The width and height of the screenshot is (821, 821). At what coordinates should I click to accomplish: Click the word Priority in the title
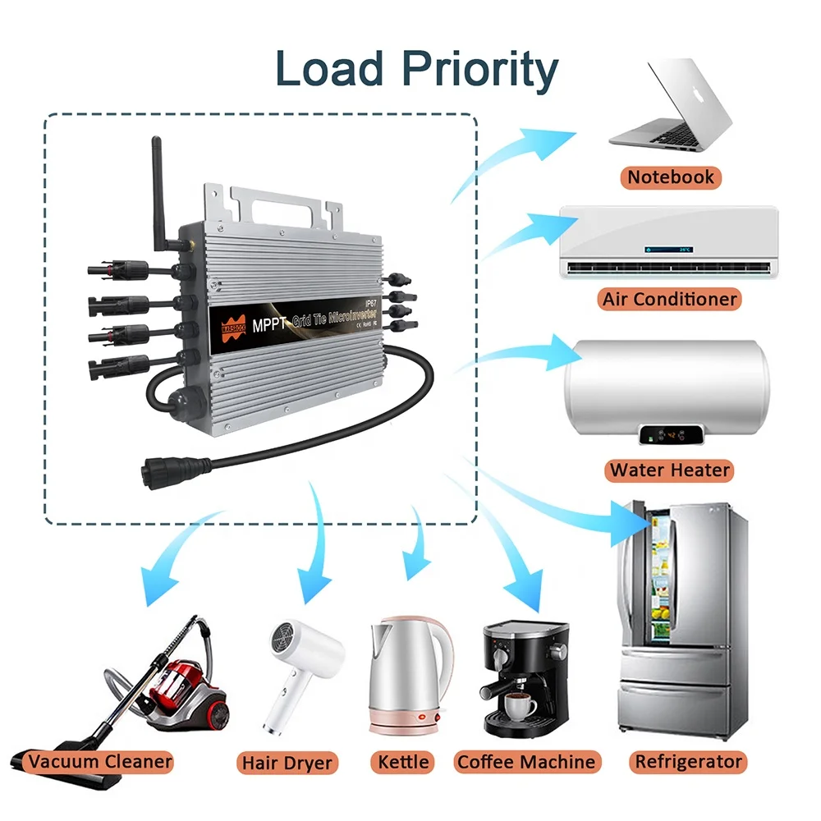475,71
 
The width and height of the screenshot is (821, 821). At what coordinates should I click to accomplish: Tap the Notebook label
671,177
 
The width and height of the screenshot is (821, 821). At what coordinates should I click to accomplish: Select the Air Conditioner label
670,298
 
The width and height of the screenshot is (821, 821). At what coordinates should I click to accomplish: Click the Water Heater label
670,470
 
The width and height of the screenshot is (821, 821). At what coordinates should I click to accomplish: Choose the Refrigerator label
689,761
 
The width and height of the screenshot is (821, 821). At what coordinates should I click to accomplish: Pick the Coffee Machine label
526,762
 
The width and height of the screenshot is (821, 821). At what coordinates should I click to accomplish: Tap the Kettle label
403,762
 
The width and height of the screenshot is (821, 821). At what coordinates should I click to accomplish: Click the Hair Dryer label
287,763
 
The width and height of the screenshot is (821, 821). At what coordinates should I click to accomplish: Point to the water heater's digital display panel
671,433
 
